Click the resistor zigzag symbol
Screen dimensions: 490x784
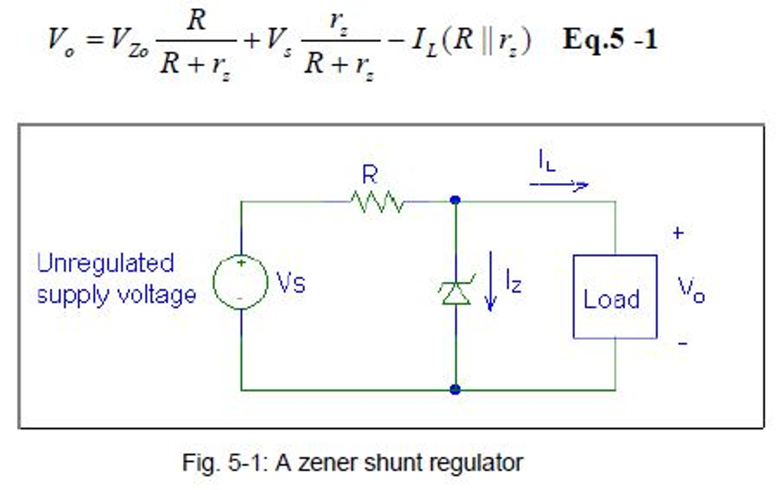click(x=377, y=202)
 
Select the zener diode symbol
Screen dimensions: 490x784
click(x=456, y=292)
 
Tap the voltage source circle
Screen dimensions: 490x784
click(x=240, y=282)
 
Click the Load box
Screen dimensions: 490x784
click(x=615, y=297)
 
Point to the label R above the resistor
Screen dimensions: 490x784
click(x=370, y=175)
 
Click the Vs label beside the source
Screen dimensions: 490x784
click(x=291, y=284)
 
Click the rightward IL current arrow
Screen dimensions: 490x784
click(x=559, y=185)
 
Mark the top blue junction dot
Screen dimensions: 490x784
click(x=456, y=201)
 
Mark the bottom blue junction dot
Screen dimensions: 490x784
click(x=456, y=389)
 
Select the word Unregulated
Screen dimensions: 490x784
click(x=106, y=263)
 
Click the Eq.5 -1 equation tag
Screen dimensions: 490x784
click(x=610, y=40)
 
